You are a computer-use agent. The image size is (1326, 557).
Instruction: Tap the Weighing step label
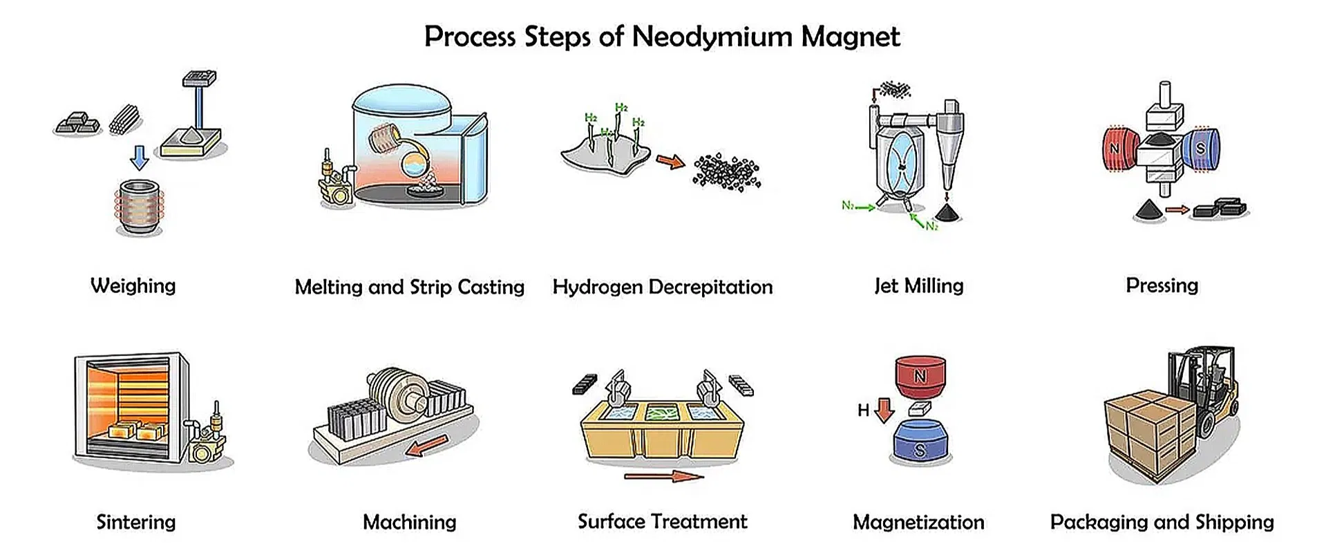pos(133,285)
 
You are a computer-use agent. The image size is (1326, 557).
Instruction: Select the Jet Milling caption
pos(918,285)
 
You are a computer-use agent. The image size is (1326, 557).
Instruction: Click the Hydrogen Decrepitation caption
pos(662,287)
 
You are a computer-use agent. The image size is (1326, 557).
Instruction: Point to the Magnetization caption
pos(918,522)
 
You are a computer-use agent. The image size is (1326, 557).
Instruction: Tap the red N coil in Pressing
pos(1119,149)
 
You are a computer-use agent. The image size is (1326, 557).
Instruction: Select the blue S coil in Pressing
pos(1202,149)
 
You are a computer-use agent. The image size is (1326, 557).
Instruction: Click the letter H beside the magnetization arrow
pos(863,410)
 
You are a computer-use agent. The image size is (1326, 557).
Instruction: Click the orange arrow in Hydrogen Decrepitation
pos(669,162)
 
